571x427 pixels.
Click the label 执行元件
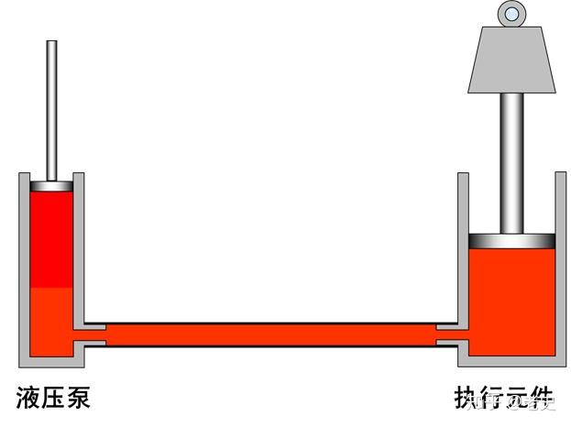(x=505, y=398)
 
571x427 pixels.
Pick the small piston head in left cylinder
(x=53, y=186)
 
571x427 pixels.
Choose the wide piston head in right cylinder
(x=511, y=240)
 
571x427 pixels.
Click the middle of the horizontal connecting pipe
(x=271, y=333)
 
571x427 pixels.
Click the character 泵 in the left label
(x=80, y=398)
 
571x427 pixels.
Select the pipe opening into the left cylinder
(x=92, y=333)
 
